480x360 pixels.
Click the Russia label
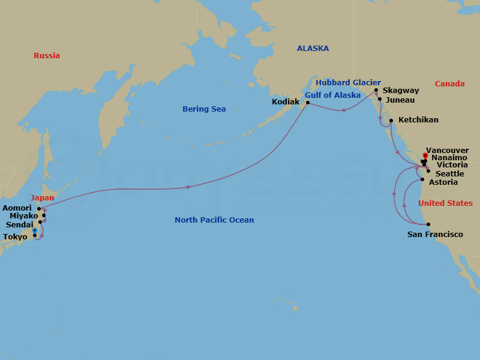(x=47, y=56)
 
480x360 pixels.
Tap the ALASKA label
(x=313, y=49)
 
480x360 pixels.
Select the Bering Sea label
(x=204, y=109)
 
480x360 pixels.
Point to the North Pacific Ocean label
(x=214, y=220)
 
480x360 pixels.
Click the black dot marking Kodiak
(x=308, y=103)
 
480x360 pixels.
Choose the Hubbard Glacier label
(x=348, y=83)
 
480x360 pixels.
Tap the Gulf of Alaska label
(x=332, y=95)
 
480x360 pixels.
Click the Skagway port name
(x=400, y=91)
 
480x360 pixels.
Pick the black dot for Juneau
(x=380, y=99)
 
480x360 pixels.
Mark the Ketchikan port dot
(x=391, y=121)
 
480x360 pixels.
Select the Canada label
(x=449, y=84)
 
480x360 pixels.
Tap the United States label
(x=445, y=203)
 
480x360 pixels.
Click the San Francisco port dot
(x=428, y=224)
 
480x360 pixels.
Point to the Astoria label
(x=443, y=182)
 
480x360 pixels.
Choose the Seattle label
(x=449, y=174)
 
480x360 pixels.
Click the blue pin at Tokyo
(x=35, y=230)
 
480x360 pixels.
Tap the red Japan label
(x=42, y=197)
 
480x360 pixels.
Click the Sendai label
(x=19, y=224)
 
